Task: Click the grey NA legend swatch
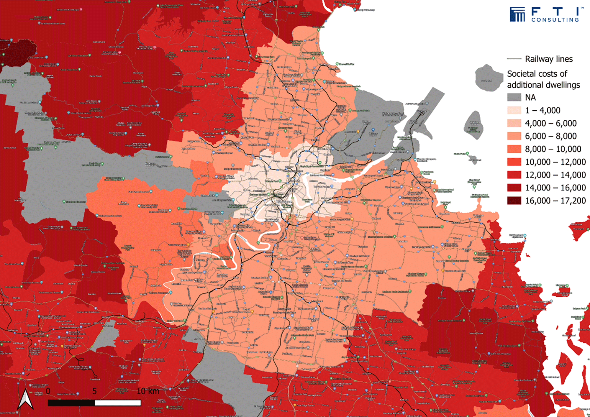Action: (514, 97)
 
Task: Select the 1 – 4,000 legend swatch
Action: (514, 110)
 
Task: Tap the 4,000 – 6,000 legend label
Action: (551, 123)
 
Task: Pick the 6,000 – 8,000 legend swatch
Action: (514, 136)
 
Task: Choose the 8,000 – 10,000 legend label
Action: (553, 149)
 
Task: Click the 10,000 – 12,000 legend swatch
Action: (514, 162)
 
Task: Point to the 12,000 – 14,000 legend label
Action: (555, 175)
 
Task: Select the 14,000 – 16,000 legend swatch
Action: (514, 188)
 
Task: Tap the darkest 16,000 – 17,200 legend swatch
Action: (514, 201)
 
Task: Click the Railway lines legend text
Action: (549, 59)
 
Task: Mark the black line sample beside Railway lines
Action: (514, 59)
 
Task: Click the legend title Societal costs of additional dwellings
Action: (543, 79)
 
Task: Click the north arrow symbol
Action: (26, 400)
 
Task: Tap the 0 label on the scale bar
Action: (48, 391)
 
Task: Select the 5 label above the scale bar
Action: (94, 391)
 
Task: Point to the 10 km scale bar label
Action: (148, 391)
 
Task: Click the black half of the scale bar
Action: (71, 403)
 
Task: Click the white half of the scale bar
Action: (118, 403)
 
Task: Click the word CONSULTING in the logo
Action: (555, 20)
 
